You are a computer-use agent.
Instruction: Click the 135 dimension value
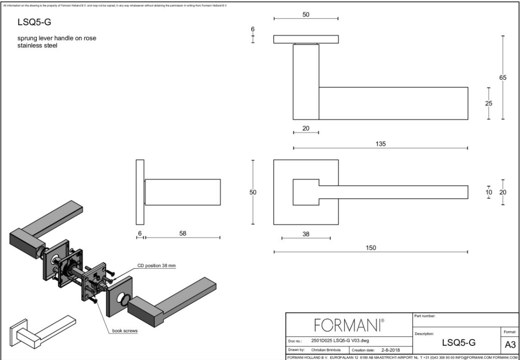[381, 144]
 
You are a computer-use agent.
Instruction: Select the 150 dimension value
[371, 247]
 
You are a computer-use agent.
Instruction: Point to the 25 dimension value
[489, 103]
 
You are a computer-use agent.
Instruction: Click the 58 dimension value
[182, 233]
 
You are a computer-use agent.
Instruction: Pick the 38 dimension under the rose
[306, 233]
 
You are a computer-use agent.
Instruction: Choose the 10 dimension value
[489, 192]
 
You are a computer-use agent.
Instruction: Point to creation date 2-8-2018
[390, 349]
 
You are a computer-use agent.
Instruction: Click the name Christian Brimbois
[327, 349]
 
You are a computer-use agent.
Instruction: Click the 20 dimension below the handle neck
[306, 128]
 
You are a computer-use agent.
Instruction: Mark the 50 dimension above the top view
[306, 15]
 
